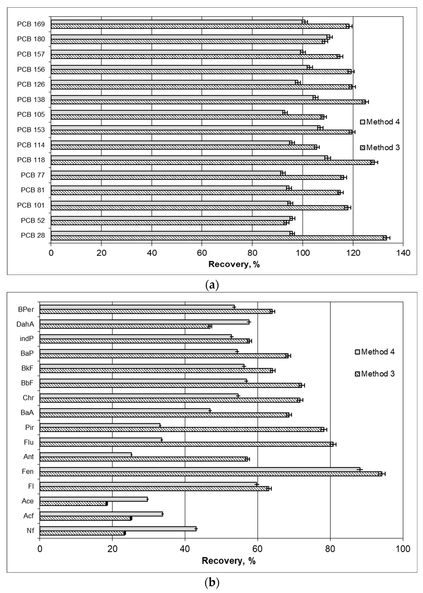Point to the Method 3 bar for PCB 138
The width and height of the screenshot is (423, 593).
pyautogui.click(x=208, y=102)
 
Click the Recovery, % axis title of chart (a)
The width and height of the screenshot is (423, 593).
pyautogui.click(x=234, y=264)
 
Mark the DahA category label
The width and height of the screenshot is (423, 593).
pyautogui.click(x=25, y=324)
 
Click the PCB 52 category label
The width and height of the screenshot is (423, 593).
pyautogui.click(x=33, y=220)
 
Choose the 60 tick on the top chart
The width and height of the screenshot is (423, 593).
pyautogui.click(x=202, y=253)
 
